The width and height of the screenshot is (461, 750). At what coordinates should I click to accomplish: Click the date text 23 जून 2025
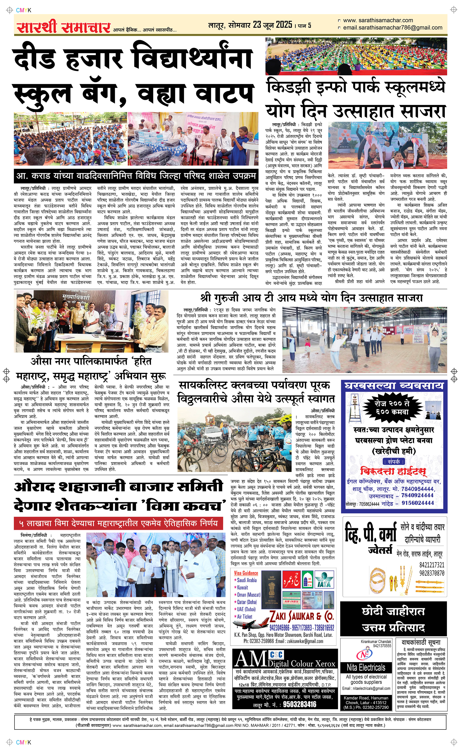272,25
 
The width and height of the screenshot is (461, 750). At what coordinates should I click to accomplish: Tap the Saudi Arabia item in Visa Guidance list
246,580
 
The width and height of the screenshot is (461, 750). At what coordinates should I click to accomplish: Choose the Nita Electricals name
366,668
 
